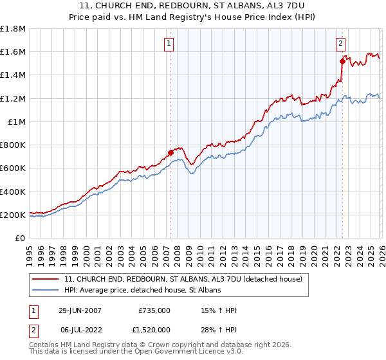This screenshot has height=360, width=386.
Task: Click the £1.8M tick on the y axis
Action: pyautogui.click(x=13, y=29)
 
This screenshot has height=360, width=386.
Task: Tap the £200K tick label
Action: pyautogui.click(x=13, y=215)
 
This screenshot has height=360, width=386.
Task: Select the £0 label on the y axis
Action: pyautogui.click(x=21, y=239)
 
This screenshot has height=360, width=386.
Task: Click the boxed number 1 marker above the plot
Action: pyautogui.click(x=169, y=44)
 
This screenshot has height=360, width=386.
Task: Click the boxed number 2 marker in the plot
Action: pyautogui.click(x=340, y=44)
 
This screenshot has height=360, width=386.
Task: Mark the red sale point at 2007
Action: pyautogui.click(x=170, y=153)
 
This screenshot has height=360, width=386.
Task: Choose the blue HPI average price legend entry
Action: pyautogui.click(x=142, y=291)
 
